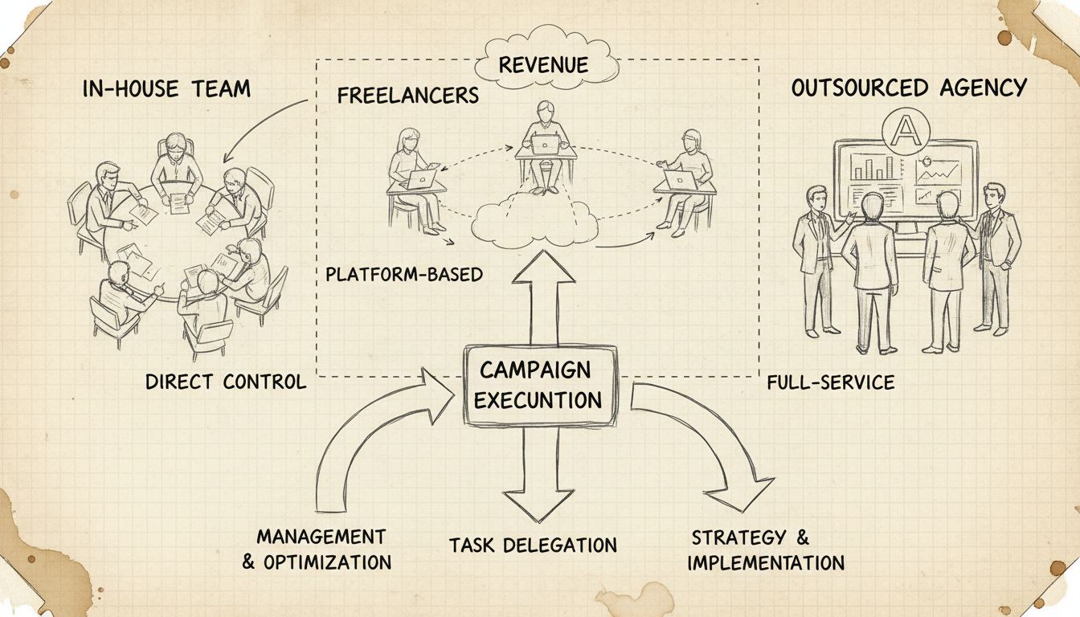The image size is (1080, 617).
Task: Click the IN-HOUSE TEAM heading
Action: tap(166, 88)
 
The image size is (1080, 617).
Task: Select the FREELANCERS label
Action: tap(407, 96)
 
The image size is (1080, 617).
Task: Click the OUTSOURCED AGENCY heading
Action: tap(909, 88)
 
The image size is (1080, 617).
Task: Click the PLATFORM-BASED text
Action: tap(404, 275)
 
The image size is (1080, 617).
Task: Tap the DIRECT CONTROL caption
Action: tap(226, 382)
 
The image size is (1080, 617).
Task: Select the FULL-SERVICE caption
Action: tap(830, 382)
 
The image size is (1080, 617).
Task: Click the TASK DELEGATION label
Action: tap(533, 545)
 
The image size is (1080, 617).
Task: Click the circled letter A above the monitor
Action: tap(902, 127)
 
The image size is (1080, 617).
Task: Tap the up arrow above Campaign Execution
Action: tap(543, 297)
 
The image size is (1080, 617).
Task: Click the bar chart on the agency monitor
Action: tap(874, 166)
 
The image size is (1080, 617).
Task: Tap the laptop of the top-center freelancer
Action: tap(544, 145)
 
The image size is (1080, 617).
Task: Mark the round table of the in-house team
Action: tap(173, 241)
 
